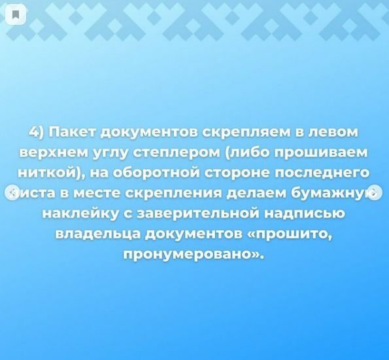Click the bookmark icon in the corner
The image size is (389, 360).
[x=16, y=14]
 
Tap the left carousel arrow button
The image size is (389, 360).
[x=12, y=192]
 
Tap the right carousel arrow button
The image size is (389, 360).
[x=375, y=192]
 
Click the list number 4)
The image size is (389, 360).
[x=37, y=132]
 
